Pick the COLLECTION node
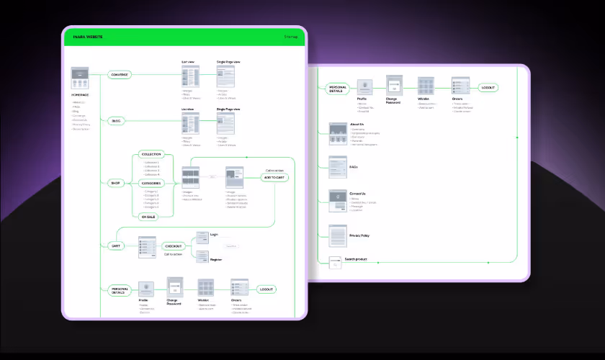pos(151,154)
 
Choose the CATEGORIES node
pos(151,183)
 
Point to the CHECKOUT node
pos(174,246)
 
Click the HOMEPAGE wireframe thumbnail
pos(80,77)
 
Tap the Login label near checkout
pos(214,235)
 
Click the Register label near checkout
pos(215,259)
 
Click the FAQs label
pos(354,167)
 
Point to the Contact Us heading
pos(358,194)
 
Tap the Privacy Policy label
pos(359,235)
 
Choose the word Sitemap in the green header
pos(291,36)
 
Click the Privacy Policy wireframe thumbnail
pos(338,235)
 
